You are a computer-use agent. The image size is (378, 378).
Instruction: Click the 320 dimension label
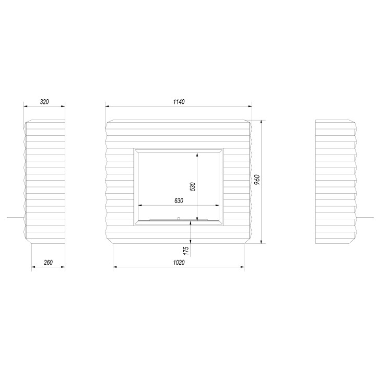44,102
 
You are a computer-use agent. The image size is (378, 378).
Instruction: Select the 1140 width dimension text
179,102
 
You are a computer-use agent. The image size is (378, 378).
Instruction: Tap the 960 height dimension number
257,180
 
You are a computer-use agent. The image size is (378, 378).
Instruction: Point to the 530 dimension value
193,186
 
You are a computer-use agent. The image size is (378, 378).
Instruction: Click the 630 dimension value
179,200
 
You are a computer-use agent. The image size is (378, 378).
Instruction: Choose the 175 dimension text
186,251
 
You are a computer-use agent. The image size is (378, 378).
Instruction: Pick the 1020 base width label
179,262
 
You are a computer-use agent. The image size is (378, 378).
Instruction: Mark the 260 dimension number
48,262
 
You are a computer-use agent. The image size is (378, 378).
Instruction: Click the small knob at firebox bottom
179,219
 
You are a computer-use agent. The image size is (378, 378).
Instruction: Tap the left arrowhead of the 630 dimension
139,205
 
